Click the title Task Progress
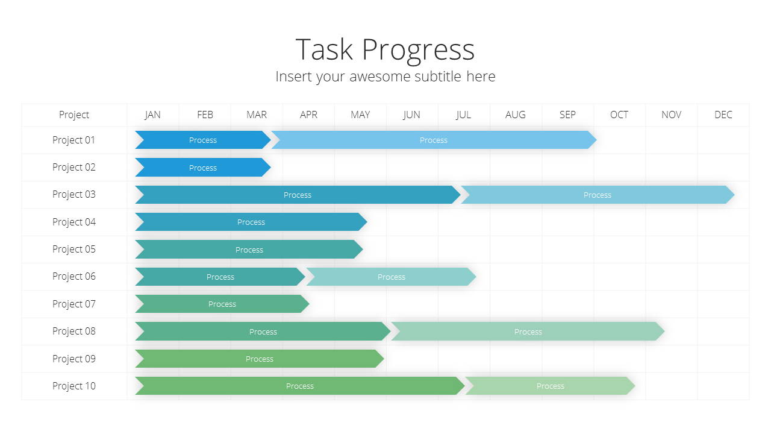click(385, 50)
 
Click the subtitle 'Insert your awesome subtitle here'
click(385, 77)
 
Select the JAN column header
click(152, 115)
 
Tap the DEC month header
click(723, 115)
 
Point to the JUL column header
click(463, 115)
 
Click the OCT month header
click(619, 115)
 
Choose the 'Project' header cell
click(74, 115)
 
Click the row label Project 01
click(73, 140)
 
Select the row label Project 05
click(74, 249)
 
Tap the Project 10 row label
click(74, 386)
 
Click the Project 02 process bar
click(203, 168)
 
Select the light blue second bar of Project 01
click(434, 140)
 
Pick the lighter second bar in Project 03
click(598, 195)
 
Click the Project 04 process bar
click(251, 222)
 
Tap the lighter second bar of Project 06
click(392, 277)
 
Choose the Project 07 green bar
click(222, 304)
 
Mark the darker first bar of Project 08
click(263, 332)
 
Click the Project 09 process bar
click(260, 359)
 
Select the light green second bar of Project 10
click(550, 386)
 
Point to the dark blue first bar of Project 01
click(203, 140)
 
